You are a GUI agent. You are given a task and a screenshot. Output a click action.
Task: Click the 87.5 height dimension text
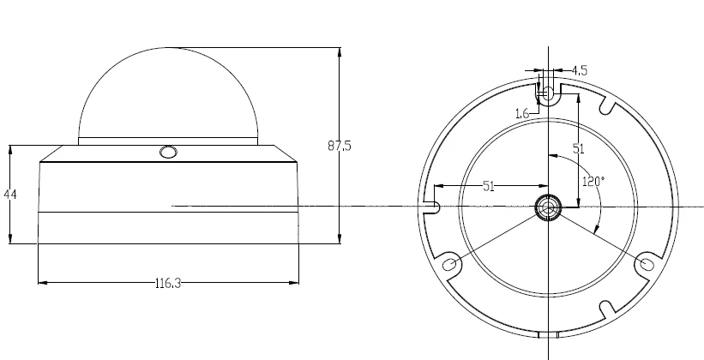[340, 146]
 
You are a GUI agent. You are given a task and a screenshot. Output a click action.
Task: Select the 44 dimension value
[10, 195]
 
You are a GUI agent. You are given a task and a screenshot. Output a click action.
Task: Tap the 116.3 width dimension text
[168, 283]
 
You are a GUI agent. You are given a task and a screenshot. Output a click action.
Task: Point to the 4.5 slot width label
[580, 70]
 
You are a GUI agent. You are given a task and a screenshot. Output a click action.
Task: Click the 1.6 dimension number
[522, 113]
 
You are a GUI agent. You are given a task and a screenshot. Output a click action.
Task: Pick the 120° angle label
[593, 182]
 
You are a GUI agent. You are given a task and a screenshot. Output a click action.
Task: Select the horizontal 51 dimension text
[489, 186]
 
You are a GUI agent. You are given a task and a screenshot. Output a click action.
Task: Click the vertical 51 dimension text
[579, 148]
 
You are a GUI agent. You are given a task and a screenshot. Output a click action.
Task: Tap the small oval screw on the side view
[168, 153]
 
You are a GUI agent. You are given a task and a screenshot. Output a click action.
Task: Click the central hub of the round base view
[548, 207]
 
